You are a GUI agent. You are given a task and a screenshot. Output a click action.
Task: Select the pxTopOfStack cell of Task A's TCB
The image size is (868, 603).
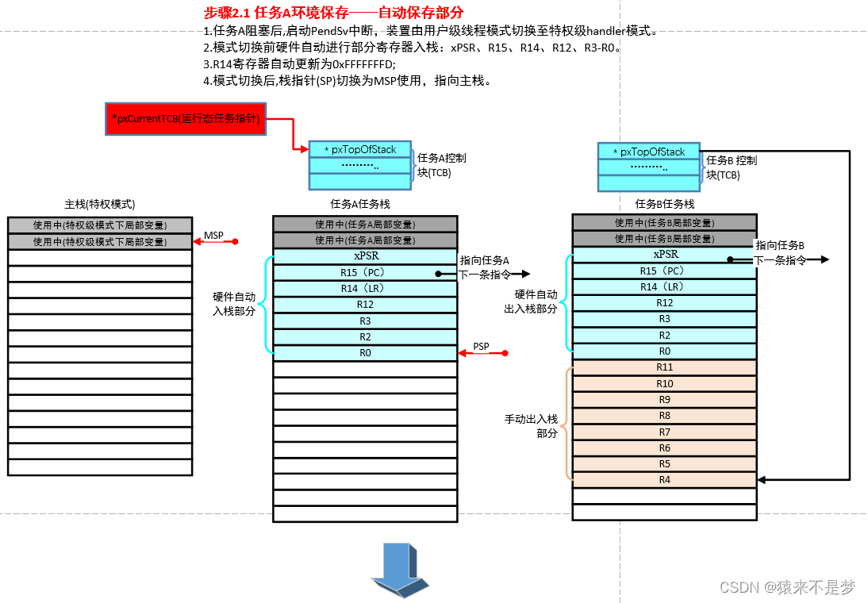(361, 149)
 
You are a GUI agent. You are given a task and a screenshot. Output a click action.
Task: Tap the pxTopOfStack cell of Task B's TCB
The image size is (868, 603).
(651, 152)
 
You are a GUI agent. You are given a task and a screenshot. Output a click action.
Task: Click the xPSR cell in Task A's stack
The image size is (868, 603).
(365, 256)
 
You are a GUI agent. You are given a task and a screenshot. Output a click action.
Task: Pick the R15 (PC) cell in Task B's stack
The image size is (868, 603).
(664, 271)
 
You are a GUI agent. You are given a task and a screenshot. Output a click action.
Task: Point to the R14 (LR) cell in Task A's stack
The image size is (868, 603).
(365, 289)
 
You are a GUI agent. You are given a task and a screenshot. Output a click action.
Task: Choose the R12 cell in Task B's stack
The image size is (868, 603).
(664, 303)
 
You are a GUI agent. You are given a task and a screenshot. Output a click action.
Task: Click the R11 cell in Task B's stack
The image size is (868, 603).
(664, 367)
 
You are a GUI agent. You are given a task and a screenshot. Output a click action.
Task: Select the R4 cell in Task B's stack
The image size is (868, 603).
(664, 480)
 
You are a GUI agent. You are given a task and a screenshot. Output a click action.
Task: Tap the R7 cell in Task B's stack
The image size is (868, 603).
(664, 432)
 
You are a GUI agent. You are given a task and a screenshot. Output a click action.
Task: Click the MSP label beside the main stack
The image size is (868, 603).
(213, 236)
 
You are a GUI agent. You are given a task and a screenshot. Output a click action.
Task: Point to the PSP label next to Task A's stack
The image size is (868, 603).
(481, 347)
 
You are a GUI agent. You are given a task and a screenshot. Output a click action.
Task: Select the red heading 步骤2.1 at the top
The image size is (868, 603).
(333, 13)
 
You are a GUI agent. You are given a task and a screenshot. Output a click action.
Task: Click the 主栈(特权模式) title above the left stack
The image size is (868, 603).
(99, 204)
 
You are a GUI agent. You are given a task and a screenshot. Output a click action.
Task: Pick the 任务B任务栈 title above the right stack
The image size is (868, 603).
(664, 204)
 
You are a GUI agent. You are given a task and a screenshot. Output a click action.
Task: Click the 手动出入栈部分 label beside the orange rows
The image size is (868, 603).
(531, 425)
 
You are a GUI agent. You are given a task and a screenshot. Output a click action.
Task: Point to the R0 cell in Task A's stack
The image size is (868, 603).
(365, 353)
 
